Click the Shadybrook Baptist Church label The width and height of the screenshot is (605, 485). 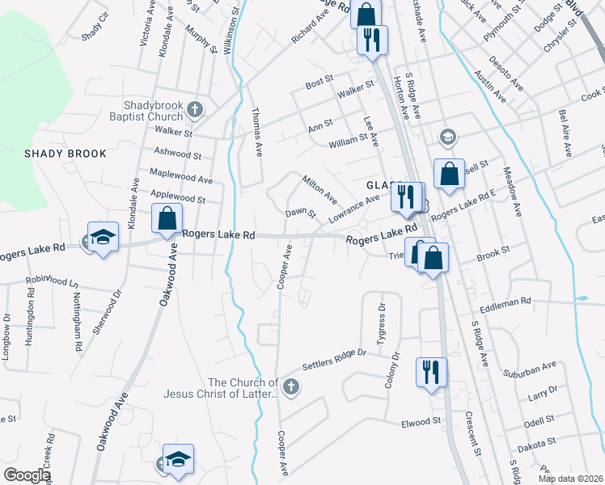click(153, 111)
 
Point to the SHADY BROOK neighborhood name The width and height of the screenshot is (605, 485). click(61, 154)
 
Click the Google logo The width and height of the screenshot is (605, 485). click(27, 475)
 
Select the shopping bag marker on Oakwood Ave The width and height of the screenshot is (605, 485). click(167, 217)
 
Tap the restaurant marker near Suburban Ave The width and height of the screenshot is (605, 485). click(429, 371)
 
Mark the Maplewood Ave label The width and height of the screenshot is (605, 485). click(180, 175)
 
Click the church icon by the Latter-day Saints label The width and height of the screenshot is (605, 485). click(291, 388)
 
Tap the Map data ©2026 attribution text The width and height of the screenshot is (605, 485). click(571, 479)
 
